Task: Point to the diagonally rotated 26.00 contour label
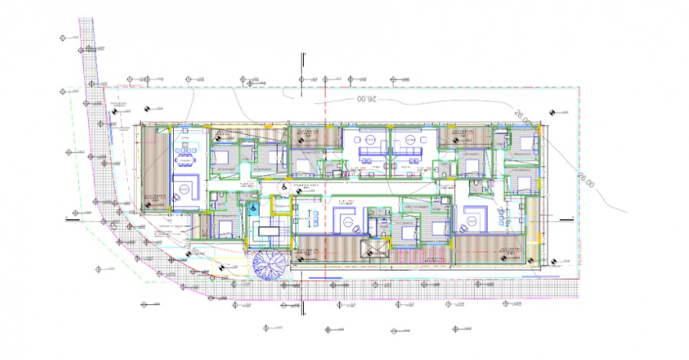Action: pyautogui.click(x=522, y=116)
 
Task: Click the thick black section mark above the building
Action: pyautogui.click(x=304, y=61)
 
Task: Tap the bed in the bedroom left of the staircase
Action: pyautogui.click(x=223, y=226)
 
